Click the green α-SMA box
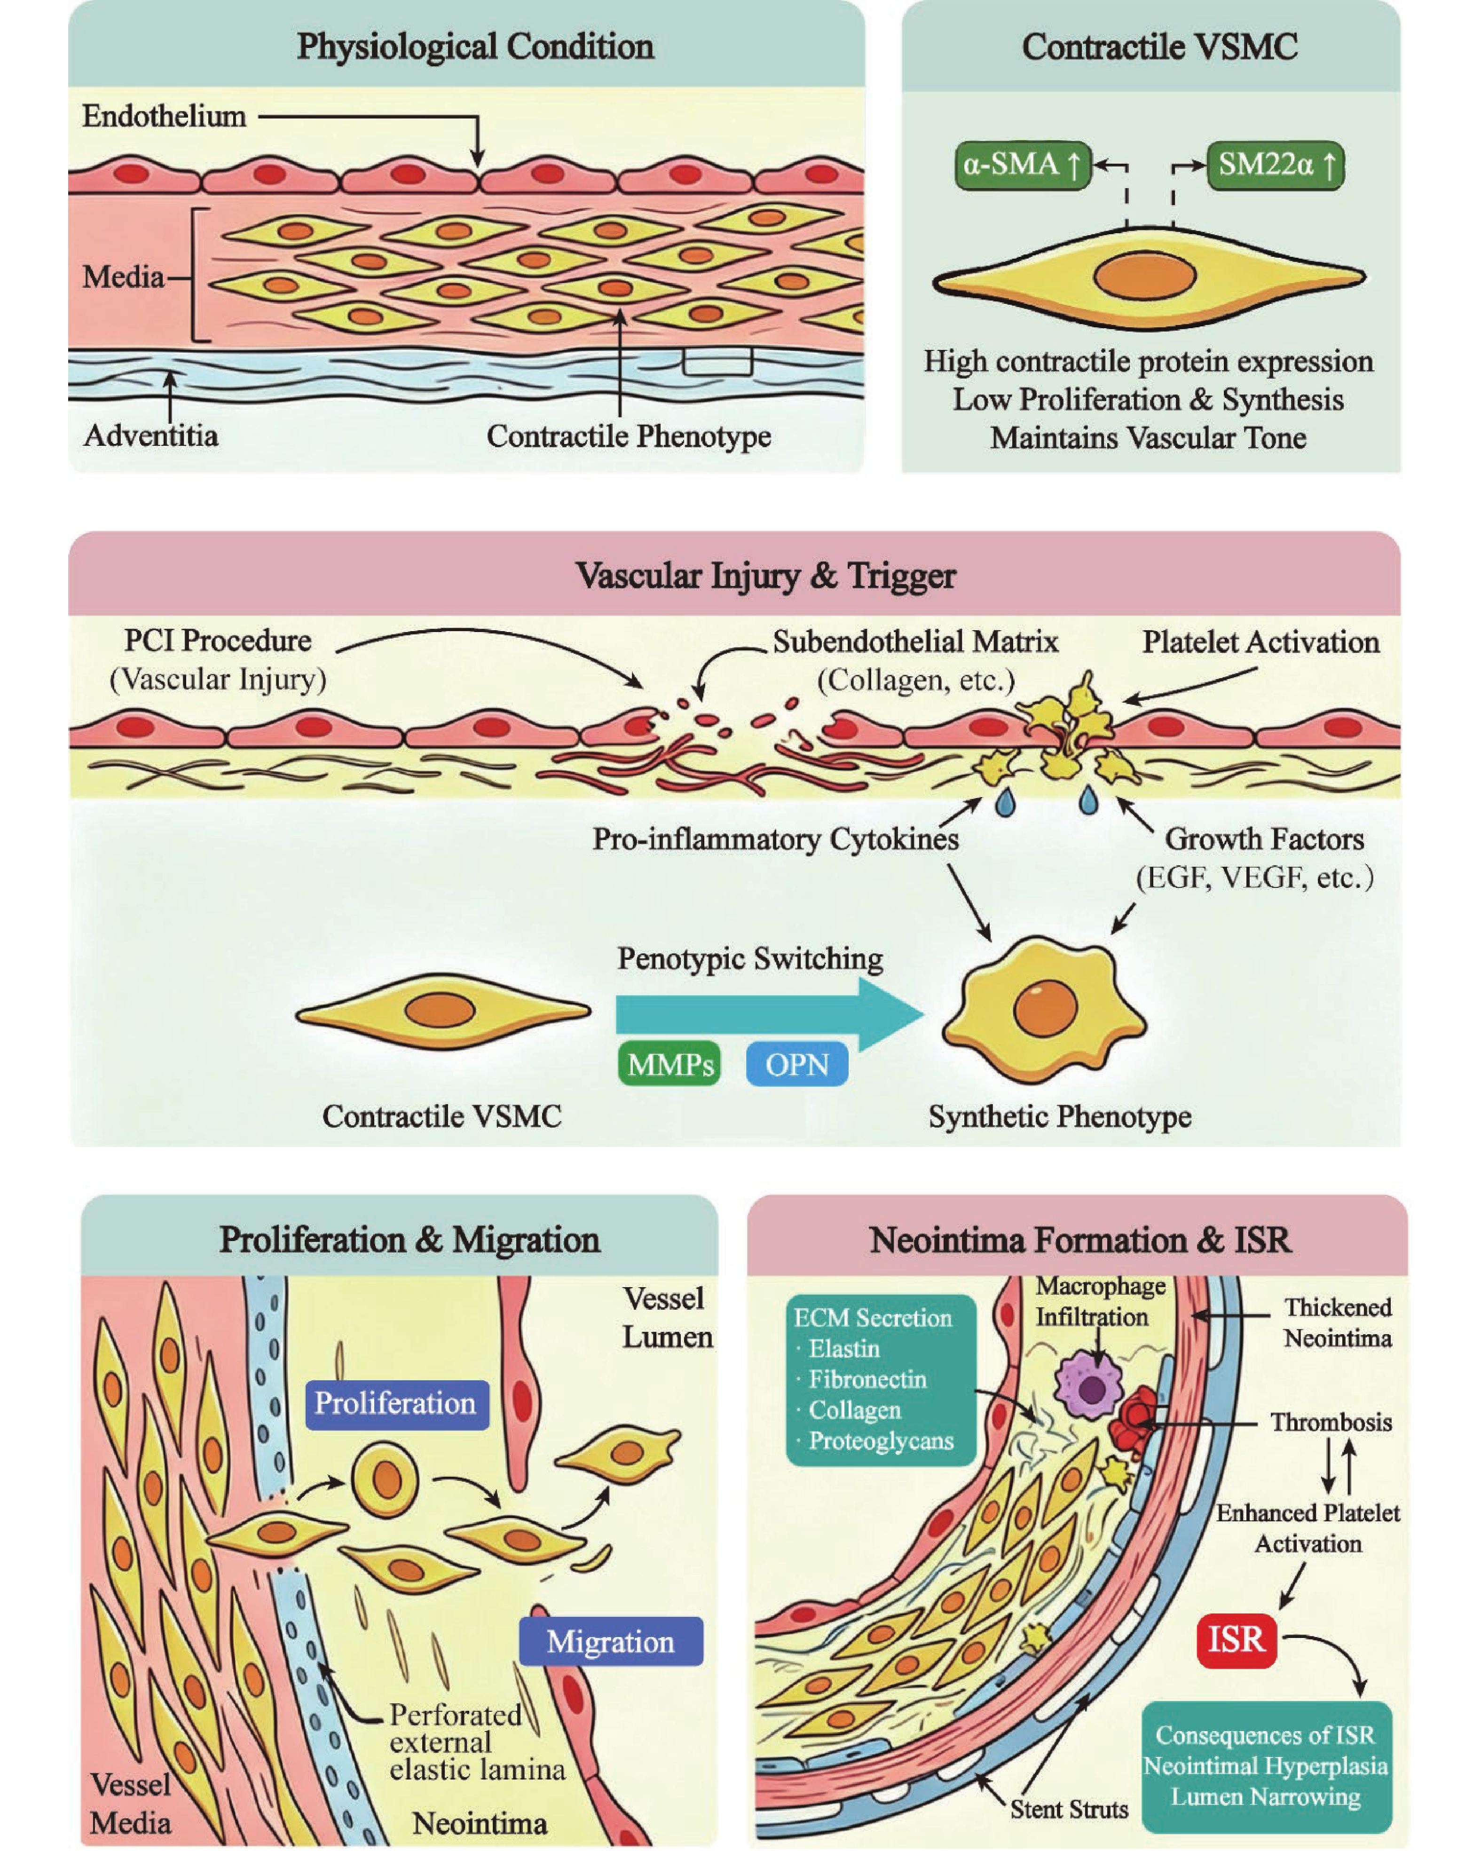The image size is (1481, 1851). (x=1022, y=165)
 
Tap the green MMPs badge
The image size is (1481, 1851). (x=670, y=1065)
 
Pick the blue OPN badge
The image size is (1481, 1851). (x=797, y=1065)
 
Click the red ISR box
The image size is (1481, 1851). (x=1237, y=1640)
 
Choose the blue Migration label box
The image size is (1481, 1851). (x=610, y=1642)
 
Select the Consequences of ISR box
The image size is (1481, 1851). (x=1266, y=1766)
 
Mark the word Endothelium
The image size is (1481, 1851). (x=164, y=116)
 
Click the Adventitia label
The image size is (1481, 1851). (x=151, y=435)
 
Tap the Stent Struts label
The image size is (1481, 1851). (x=1069, y=1809)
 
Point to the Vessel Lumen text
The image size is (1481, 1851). (x=666, y=1318)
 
